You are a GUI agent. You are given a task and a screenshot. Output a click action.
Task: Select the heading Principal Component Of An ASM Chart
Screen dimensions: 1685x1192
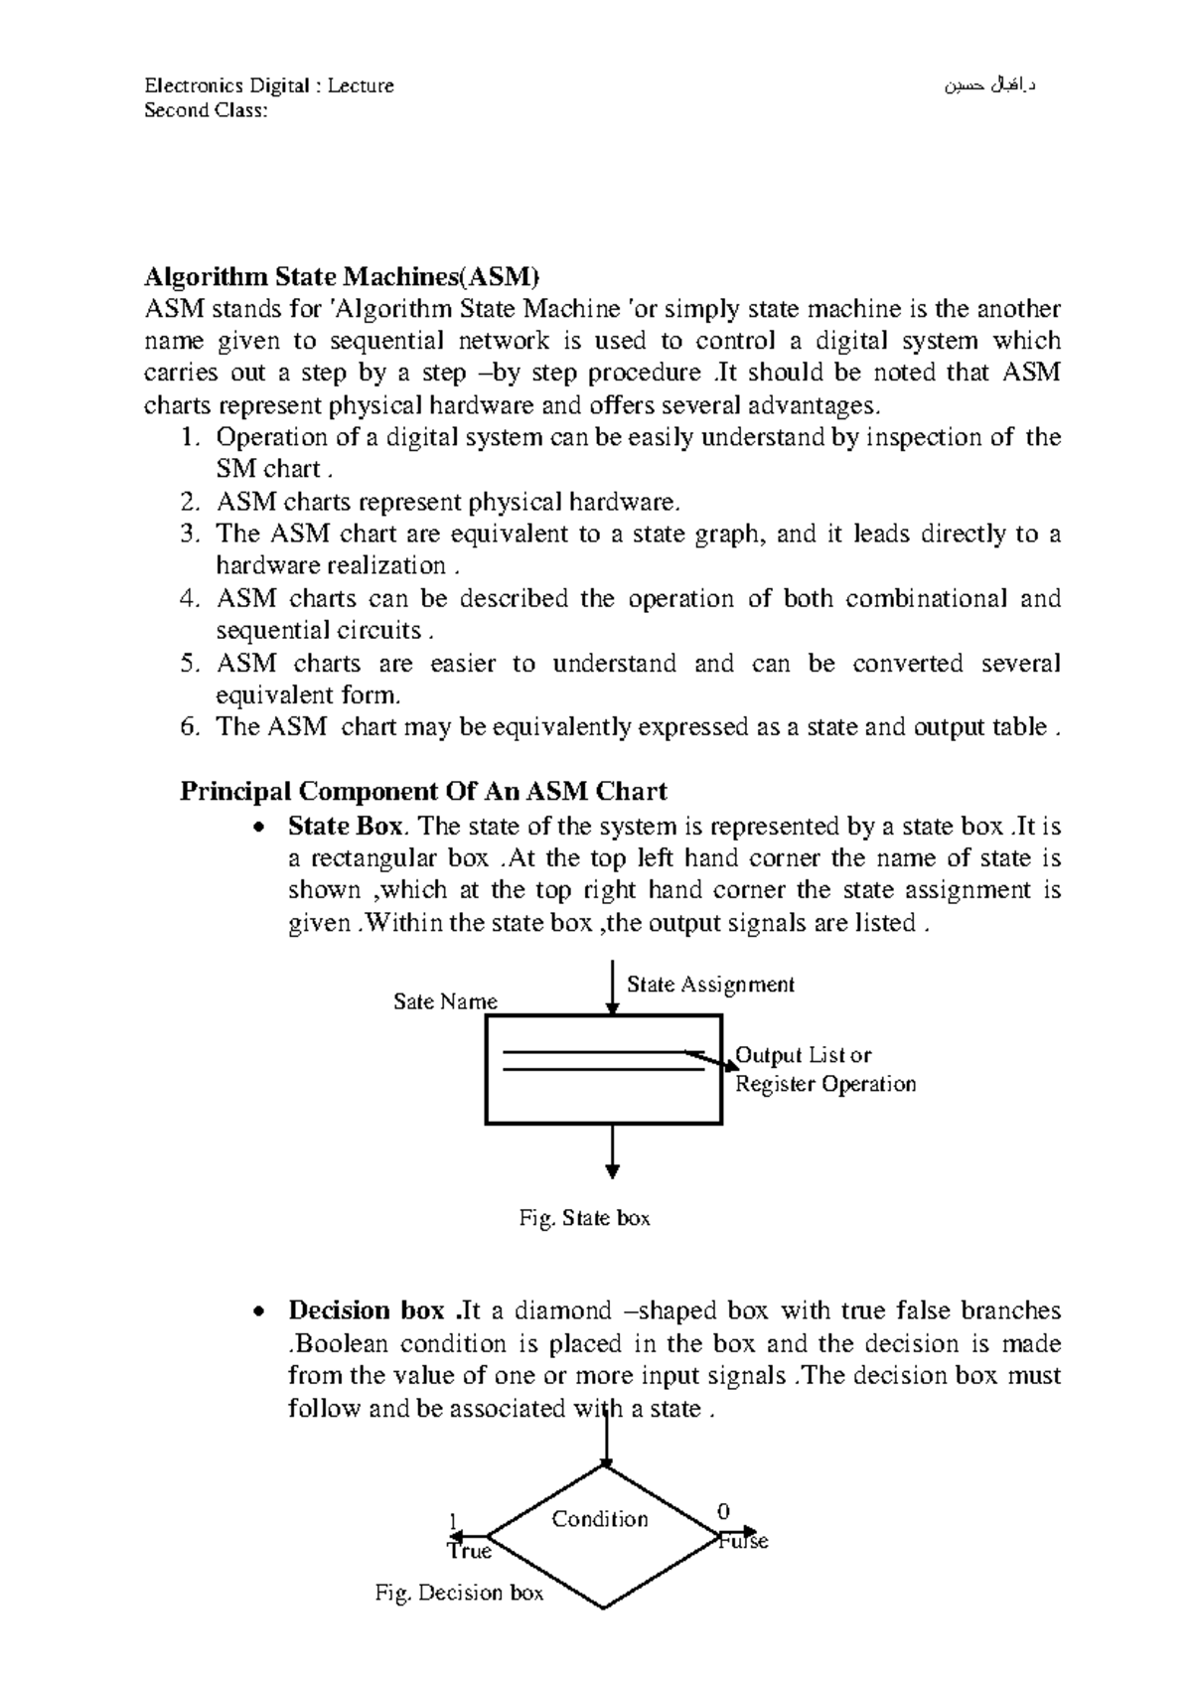(x=423, y=792)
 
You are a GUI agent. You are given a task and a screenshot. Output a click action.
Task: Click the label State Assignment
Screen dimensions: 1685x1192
(x=710, y=985)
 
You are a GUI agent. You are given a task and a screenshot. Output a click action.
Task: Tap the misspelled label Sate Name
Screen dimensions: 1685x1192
(x=445, y=1001)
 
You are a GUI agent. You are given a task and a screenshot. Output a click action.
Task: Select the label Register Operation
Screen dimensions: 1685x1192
(x=824, y=1084)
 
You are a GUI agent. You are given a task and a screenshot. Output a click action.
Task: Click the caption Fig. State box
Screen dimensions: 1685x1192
(x=585, y=1218)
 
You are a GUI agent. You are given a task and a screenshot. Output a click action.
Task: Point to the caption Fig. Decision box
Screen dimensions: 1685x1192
(x=459, y=1594)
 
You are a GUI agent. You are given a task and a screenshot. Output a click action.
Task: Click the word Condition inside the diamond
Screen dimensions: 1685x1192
(x=599, y=1519)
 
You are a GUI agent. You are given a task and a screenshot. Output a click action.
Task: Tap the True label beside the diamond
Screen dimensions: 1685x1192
(x=469, y=1552)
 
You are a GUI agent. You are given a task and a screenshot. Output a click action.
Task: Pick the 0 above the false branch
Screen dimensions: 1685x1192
(x=722, y=1512)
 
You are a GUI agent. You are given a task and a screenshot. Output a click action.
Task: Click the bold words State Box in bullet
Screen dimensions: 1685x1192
(x=346, y=827)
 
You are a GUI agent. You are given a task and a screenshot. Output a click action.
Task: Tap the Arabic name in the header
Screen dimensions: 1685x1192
(x=989, y=85)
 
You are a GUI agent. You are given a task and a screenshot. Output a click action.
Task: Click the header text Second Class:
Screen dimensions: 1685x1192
(x=206, y=110)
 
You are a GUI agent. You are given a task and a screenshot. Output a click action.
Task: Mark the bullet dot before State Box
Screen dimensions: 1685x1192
(x=259, y=828)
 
